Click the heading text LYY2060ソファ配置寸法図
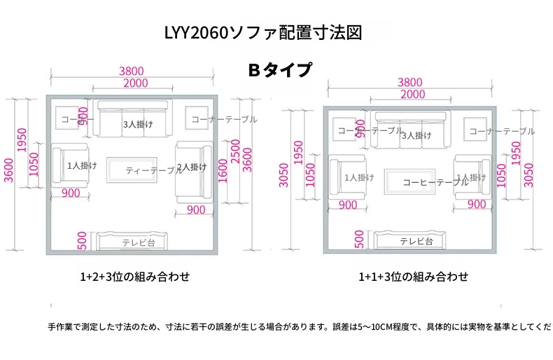(262, 33)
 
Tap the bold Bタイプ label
(279, 69)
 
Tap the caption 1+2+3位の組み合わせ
(135, 276)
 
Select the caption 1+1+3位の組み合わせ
(413, 276)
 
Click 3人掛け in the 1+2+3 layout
(138, 124)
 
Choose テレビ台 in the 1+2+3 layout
(138, 242)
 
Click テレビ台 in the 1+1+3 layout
(416, 241)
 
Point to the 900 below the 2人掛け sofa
(196, 210)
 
